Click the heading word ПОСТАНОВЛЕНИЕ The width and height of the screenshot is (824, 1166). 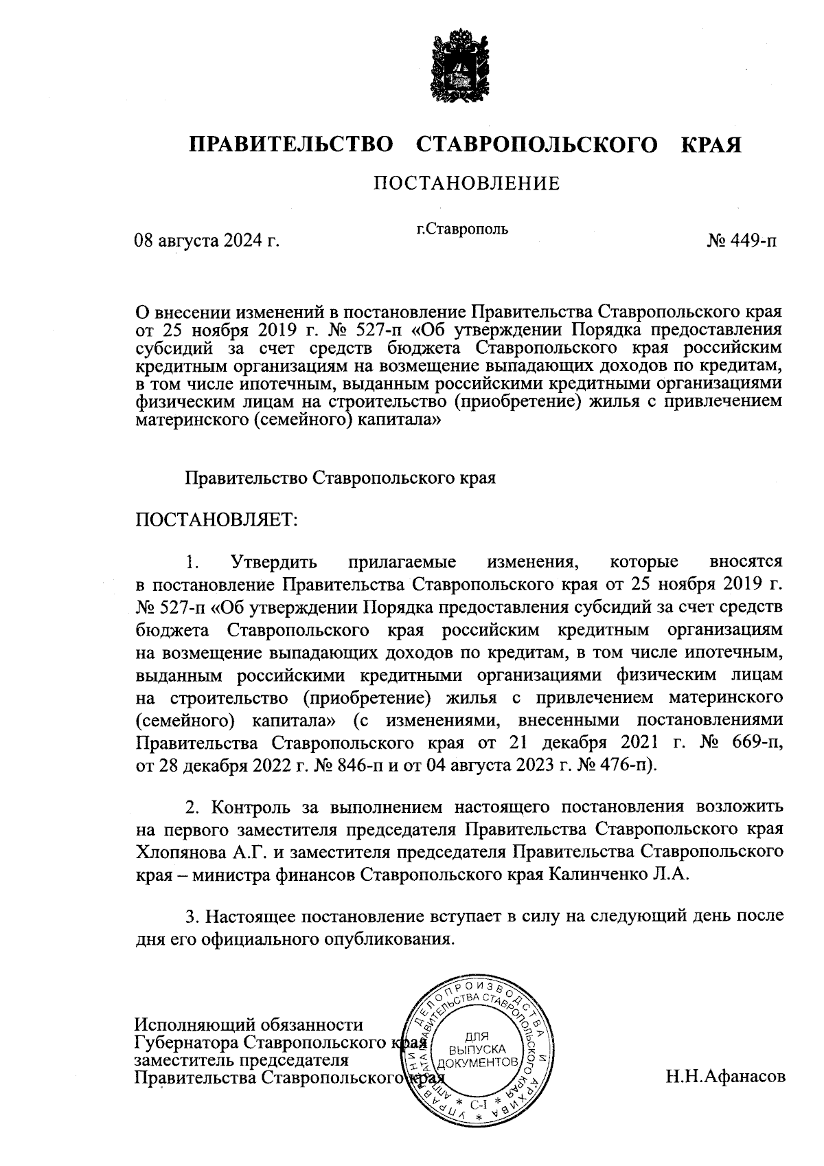(x=466, y=183)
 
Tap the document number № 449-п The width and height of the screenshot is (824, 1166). (x=743, y=242)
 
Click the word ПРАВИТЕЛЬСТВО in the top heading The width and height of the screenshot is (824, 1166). (x=292, y=145)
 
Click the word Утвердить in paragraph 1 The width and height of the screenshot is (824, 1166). (x=274, y=562)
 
